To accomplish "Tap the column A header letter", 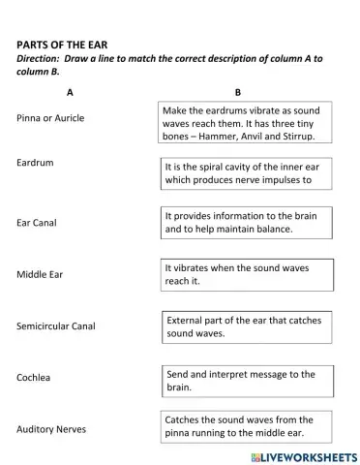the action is (70, 93).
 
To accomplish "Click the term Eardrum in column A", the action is (35, 162).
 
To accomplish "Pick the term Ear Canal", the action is (37, 222).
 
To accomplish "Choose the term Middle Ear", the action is (40, 274).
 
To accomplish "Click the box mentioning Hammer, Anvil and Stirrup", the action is (245, 123).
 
